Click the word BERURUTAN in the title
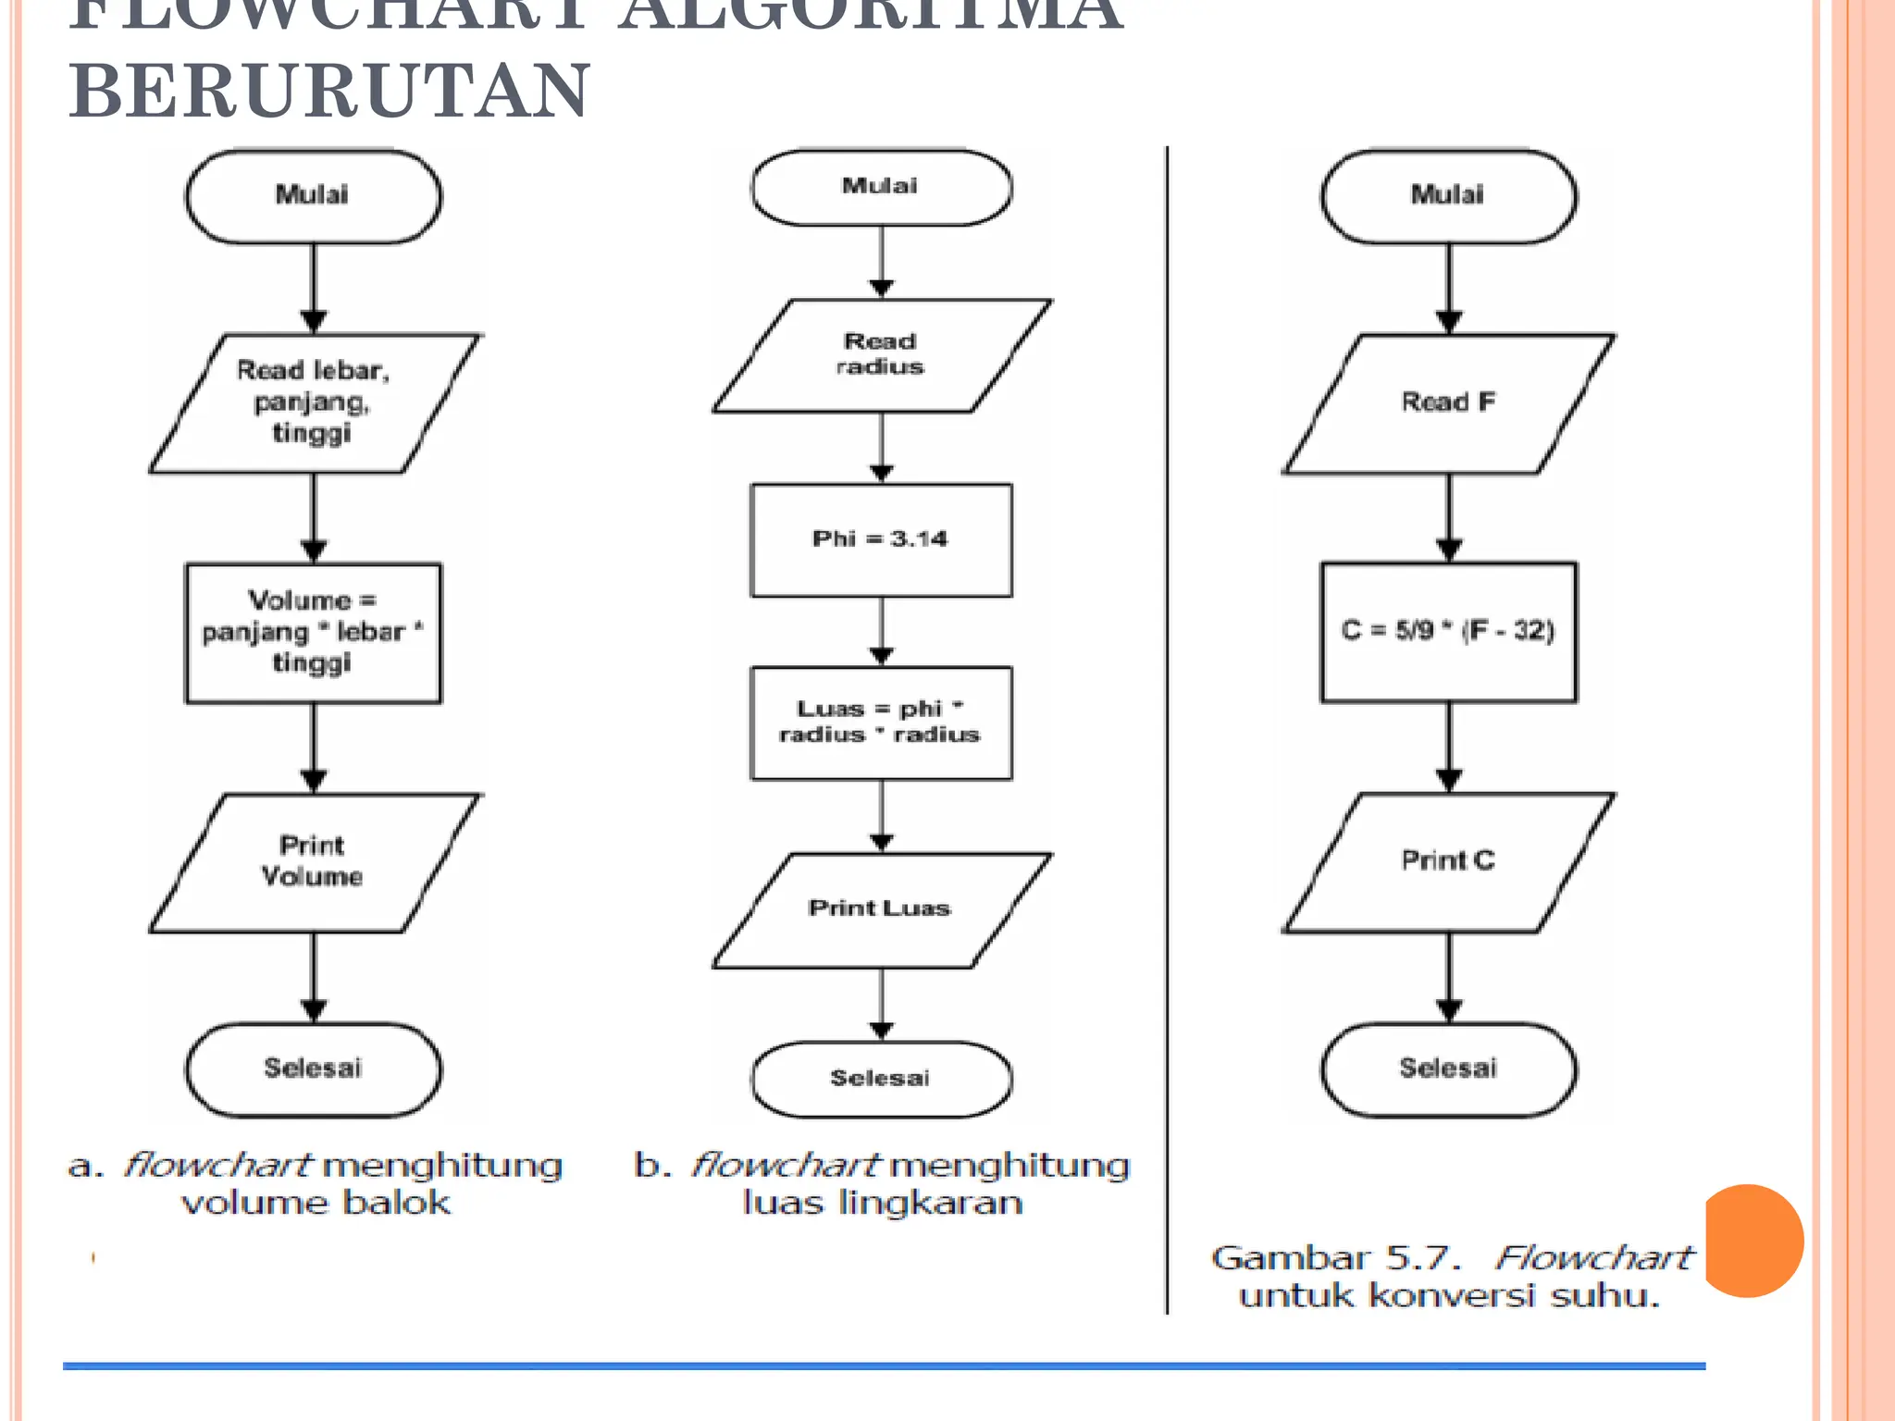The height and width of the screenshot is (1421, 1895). pyautogui.click(x=328, y=91)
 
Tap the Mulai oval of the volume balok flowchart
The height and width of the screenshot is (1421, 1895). pyautogui.click(x=313, y=196)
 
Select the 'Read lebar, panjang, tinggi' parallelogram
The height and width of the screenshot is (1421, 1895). pyautogui.click(x=314, y=403)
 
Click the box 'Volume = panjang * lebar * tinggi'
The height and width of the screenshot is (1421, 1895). pyautogui.click(x=313, y=633)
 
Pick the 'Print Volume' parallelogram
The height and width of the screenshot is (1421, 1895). pyautogui.click(x=314, y=862)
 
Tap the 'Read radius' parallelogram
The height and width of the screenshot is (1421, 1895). pyautogui.click(x=881, y=355)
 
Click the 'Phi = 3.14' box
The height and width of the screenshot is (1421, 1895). pyautogui.click(x=881, y=539)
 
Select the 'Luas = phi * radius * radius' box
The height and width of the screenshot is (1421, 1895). pyautogui.click(x=881, y=723)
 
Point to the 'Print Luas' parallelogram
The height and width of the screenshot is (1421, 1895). pyautogui.click(x=881, y=909)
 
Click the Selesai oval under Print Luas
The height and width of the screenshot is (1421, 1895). pyautogui.click(x=881, y=1079)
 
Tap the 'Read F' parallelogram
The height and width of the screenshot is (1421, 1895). pyautogui.click(x=1448, y=403)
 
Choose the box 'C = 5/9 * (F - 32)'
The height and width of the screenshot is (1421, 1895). pyautogui.click(x=1448, y=632)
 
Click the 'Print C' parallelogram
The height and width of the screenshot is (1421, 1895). pyautogui.click(x=1448, y=861)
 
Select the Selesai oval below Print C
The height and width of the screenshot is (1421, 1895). pyautogui.click(x=1448, y=1069)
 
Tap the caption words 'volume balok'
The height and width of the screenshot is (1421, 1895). pyautogui.click(x=316, y=1203)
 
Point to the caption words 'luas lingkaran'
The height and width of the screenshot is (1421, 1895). pyautogui.click(x=883, y=1203)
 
